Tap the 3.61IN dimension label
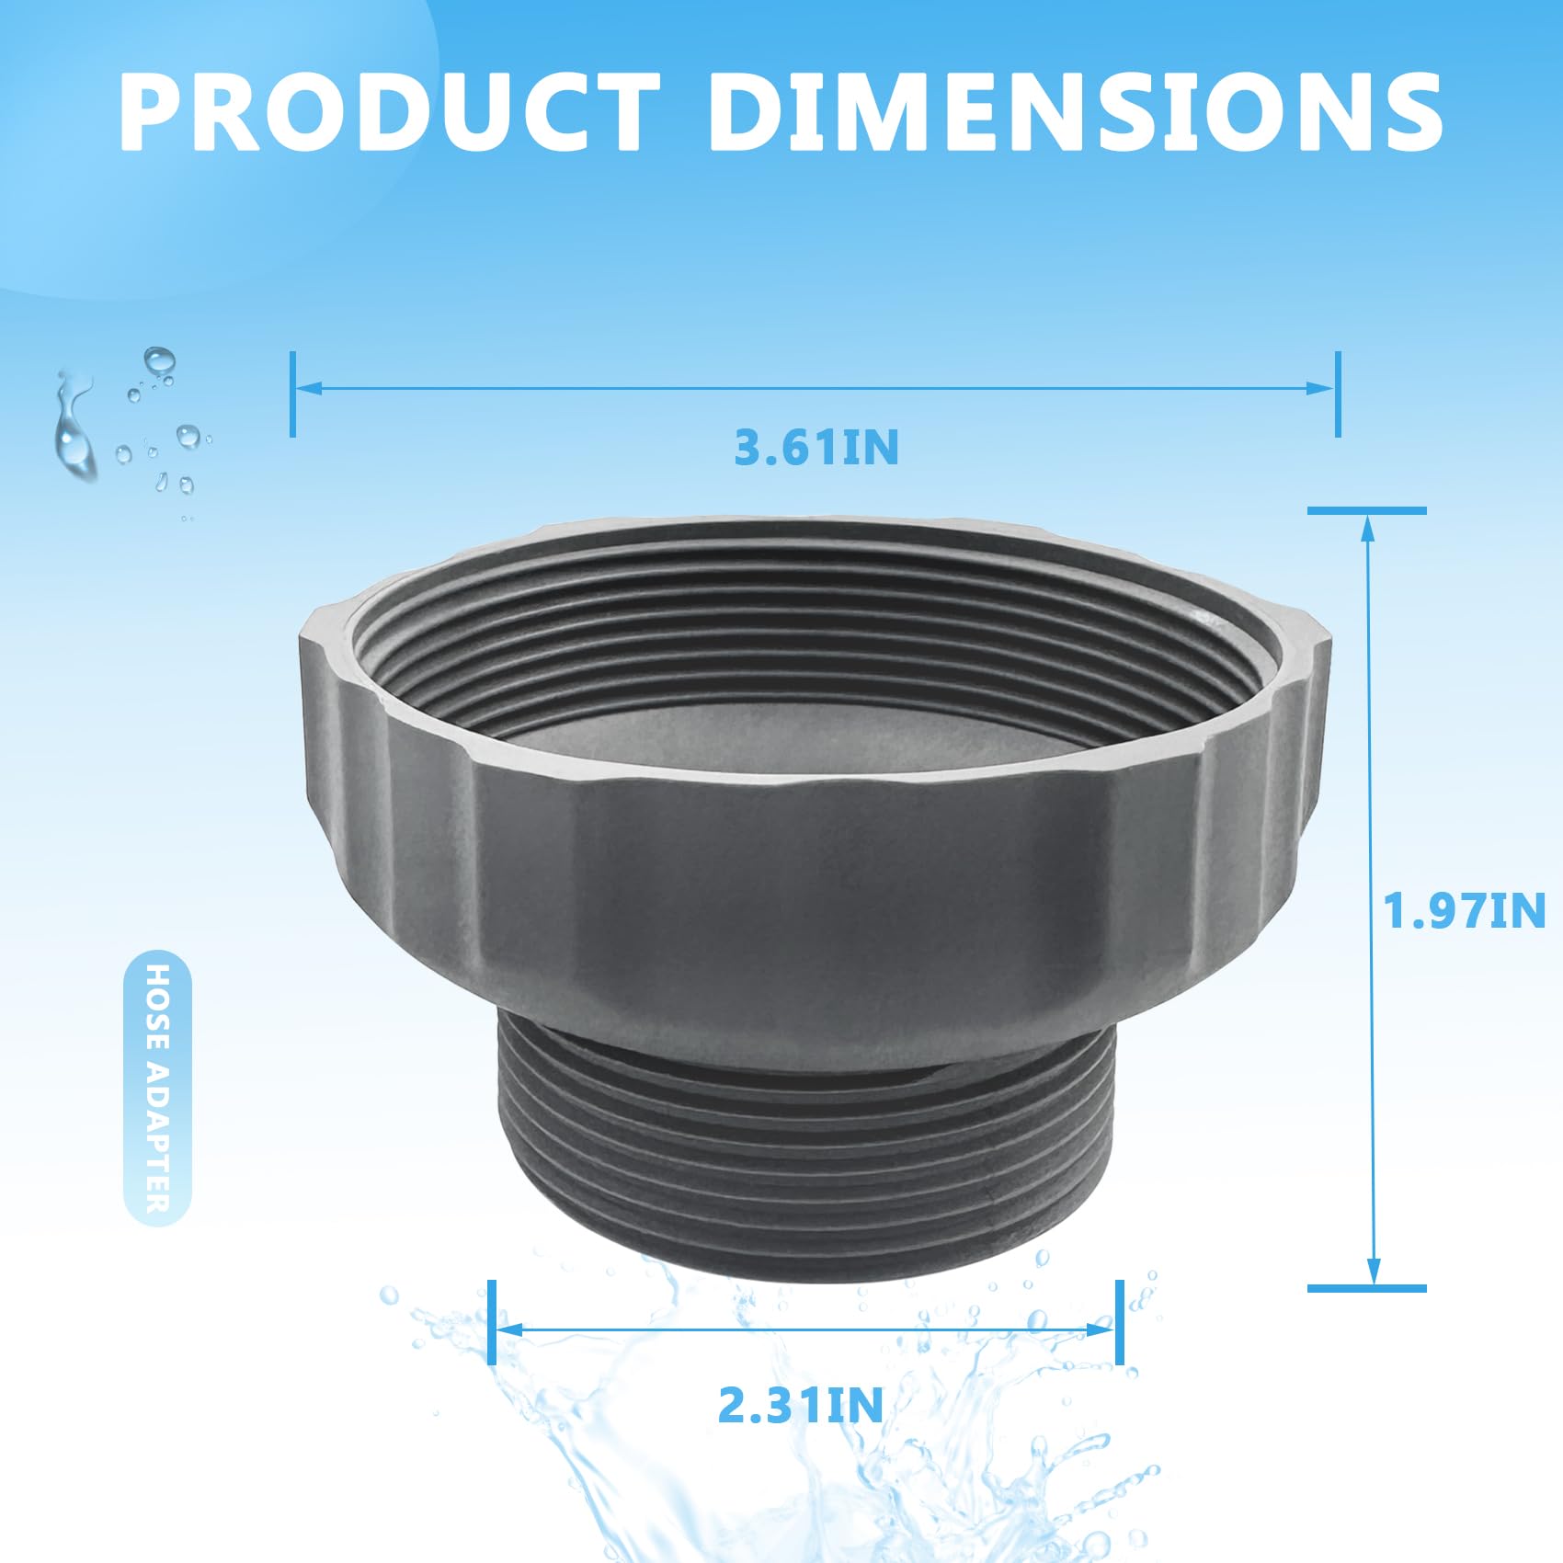tap(816, 448)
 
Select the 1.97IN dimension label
tap(1465, 910)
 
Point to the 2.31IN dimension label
tap(800, 1405)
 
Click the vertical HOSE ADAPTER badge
tap(157, 1088)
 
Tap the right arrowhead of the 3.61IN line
tap(1320, 387)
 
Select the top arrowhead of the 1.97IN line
tap(1369, 528)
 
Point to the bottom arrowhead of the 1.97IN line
tap(1374, 1271)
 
